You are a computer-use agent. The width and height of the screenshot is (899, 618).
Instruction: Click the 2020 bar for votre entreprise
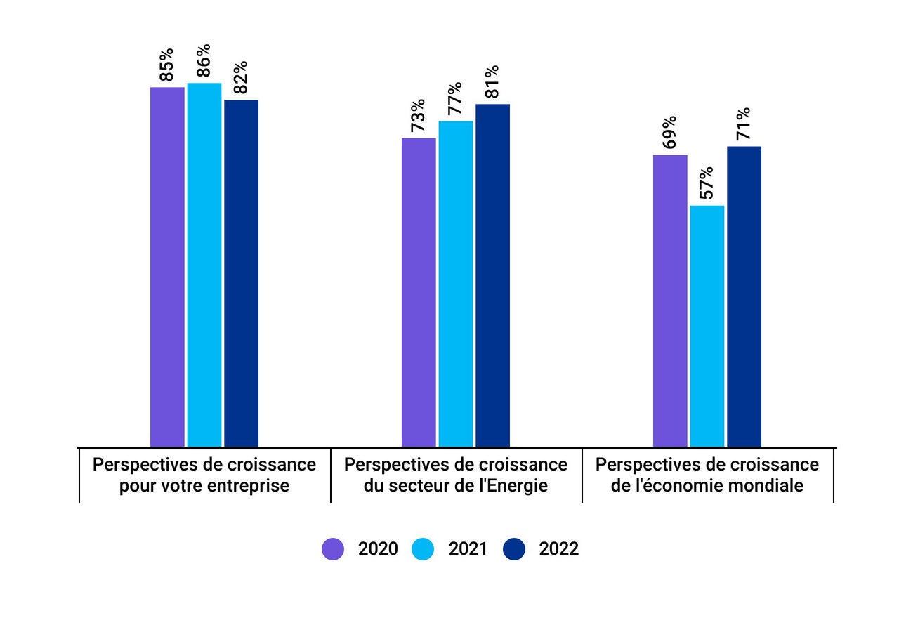167,267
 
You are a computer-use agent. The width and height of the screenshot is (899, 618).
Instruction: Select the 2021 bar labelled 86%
204,265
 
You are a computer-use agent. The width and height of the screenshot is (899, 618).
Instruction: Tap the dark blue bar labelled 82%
241,273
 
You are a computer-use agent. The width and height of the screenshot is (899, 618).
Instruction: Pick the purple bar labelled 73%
419,292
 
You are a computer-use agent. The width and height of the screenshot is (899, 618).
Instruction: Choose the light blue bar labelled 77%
456,284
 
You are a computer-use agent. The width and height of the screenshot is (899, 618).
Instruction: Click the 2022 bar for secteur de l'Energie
492,275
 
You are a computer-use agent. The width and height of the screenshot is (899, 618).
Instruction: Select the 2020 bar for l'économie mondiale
670,301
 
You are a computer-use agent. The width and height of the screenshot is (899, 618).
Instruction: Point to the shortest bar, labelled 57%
707,326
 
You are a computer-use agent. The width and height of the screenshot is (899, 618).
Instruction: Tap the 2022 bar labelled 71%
744,296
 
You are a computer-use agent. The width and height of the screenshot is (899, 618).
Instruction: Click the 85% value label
167,64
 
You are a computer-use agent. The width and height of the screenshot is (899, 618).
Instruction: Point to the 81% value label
492,81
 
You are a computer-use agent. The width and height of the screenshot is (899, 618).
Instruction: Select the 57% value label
707,183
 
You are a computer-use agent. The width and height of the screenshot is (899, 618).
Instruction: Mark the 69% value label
669,132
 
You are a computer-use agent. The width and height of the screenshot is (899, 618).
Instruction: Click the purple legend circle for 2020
333,549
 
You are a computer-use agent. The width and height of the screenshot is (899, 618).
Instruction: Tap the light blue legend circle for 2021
424,549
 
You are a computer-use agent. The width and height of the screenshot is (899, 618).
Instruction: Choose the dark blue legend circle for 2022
514,549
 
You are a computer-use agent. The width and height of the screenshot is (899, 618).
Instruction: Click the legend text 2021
468,549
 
